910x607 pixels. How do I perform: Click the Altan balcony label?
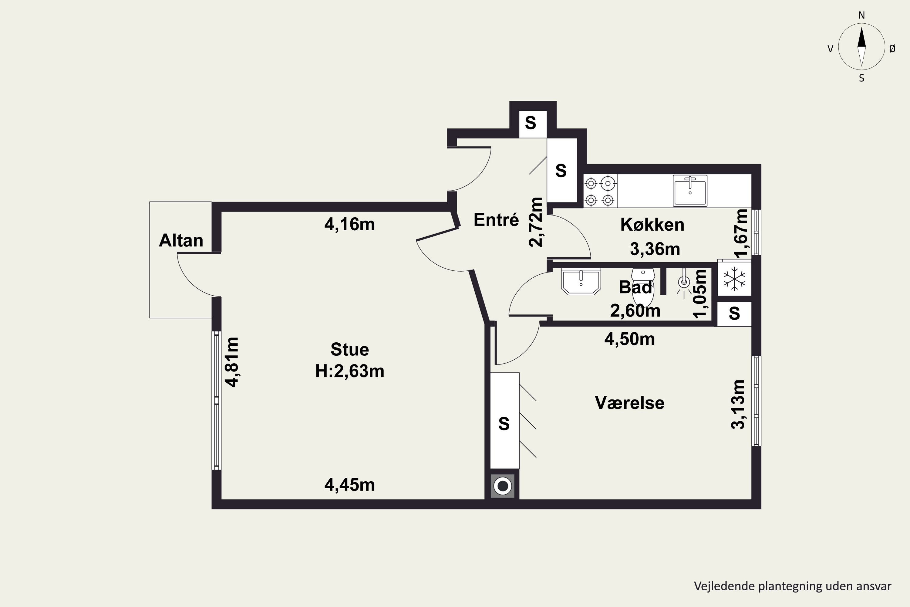181,240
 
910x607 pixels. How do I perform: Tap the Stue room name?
350,350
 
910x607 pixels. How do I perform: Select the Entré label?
496,219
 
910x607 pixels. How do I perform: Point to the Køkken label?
652,225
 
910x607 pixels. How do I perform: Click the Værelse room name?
629,403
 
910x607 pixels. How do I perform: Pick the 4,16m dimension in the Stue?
350,224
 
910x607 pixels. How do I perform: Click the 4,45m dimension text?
350,485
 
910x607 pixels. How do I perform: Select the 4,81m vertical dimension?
232,362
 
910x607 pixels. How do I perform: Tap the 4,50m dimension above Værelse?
629,339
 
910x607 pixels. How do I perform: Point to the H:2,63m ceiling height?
350,371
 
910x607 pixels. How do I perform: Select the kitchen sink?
690,191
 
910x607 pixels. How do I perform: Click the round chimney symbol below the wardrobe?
503,486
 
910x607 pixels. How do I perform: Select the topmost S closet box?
533,124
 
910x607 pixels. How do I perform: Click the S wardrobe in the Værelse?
504,420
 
